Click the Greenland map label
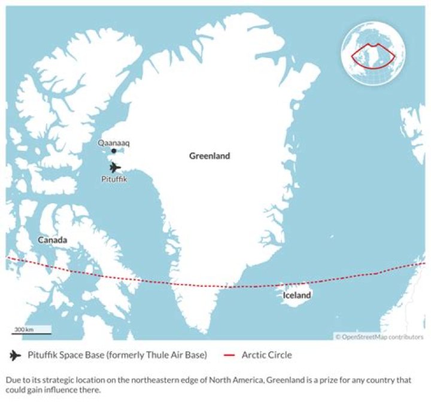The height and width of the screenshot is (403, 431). [210, 156]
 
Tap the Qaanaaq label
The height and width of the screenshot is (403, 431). [114, 143]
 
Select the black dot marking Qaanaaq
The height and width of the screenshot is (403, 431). [114, 151]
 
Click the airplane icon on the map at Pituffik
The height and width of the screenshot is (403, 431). [114, 167]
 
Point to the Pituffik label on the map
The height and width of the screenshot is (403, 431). [114, 178]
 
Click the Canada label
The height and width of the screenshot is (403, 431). [52, 240]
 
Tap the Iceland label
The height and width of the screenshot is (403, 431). [297, 295]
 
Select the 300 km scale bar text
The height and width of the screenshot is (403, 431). [25, 329]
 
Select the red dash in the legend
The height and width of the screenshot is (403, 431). [227, 355]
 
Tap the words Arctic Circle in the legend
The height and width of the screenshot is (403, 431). [266, 355]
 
